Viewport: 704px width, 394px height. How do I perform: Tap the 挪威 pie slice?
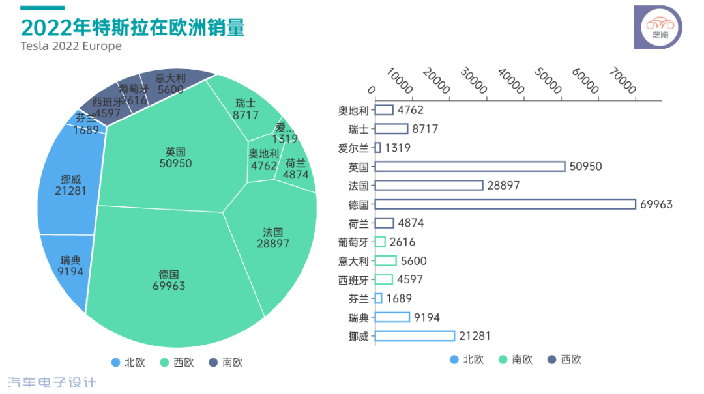(x=70, y=184)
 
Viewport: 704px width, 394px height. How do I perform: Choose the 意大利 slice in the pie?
(x=171, y=84)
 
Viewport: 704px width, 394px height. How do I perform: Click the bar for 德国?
(x=505, y=204)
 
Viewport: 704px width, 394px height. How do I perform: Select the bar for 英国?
(x=470, y=166)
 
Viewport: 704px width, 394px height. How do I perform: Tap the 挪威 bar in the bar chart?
(x=415, y=336)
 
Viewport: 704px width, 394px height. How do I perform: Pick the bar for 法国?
(x=429, y=186)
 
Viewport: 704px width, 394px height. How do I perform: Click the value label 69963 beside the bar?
(x=656, y=204)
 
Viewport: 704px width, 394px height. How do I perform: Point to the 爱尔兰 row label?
(x=353, y=148)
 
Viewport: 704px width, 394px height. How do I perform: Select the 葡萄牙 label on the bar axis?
(x=353, y=242)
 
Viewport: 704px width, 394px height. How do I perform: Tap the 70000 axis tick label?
(x=623, y=81)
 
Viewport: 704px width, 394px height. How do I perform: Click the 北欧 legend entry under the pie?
(x=128, y=362)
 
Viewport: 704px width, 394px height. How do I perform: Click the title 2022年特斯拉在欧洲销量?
(x=133, y=27)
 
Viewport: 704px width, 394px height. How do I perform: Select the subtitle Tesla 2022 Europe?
(x=71, y=46)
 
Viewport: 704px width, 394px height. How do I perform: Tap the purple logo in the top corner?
(x=658, y=27)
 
